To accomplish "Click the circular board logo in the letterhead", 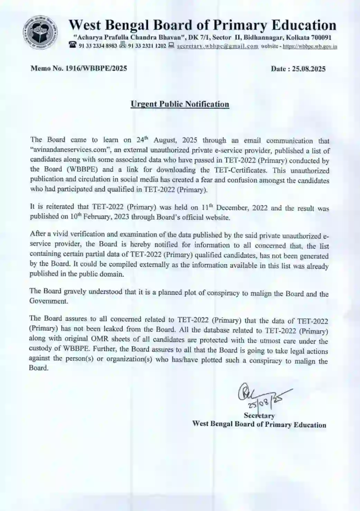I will (x=40, y=33).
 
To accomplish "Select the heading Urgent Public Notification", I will (x=180, y=104).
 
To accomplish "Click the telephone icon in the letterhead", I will (x=73, y=45).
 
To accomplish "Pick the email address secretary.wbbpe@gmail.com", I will (x=218, y=46).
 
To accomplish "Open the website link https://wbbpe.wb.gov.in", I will (x=310, y=46).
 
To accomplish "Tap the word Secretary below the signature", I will (x=259, y=416).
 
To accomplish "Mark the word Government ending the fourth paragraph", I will (x=48, y=301).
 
